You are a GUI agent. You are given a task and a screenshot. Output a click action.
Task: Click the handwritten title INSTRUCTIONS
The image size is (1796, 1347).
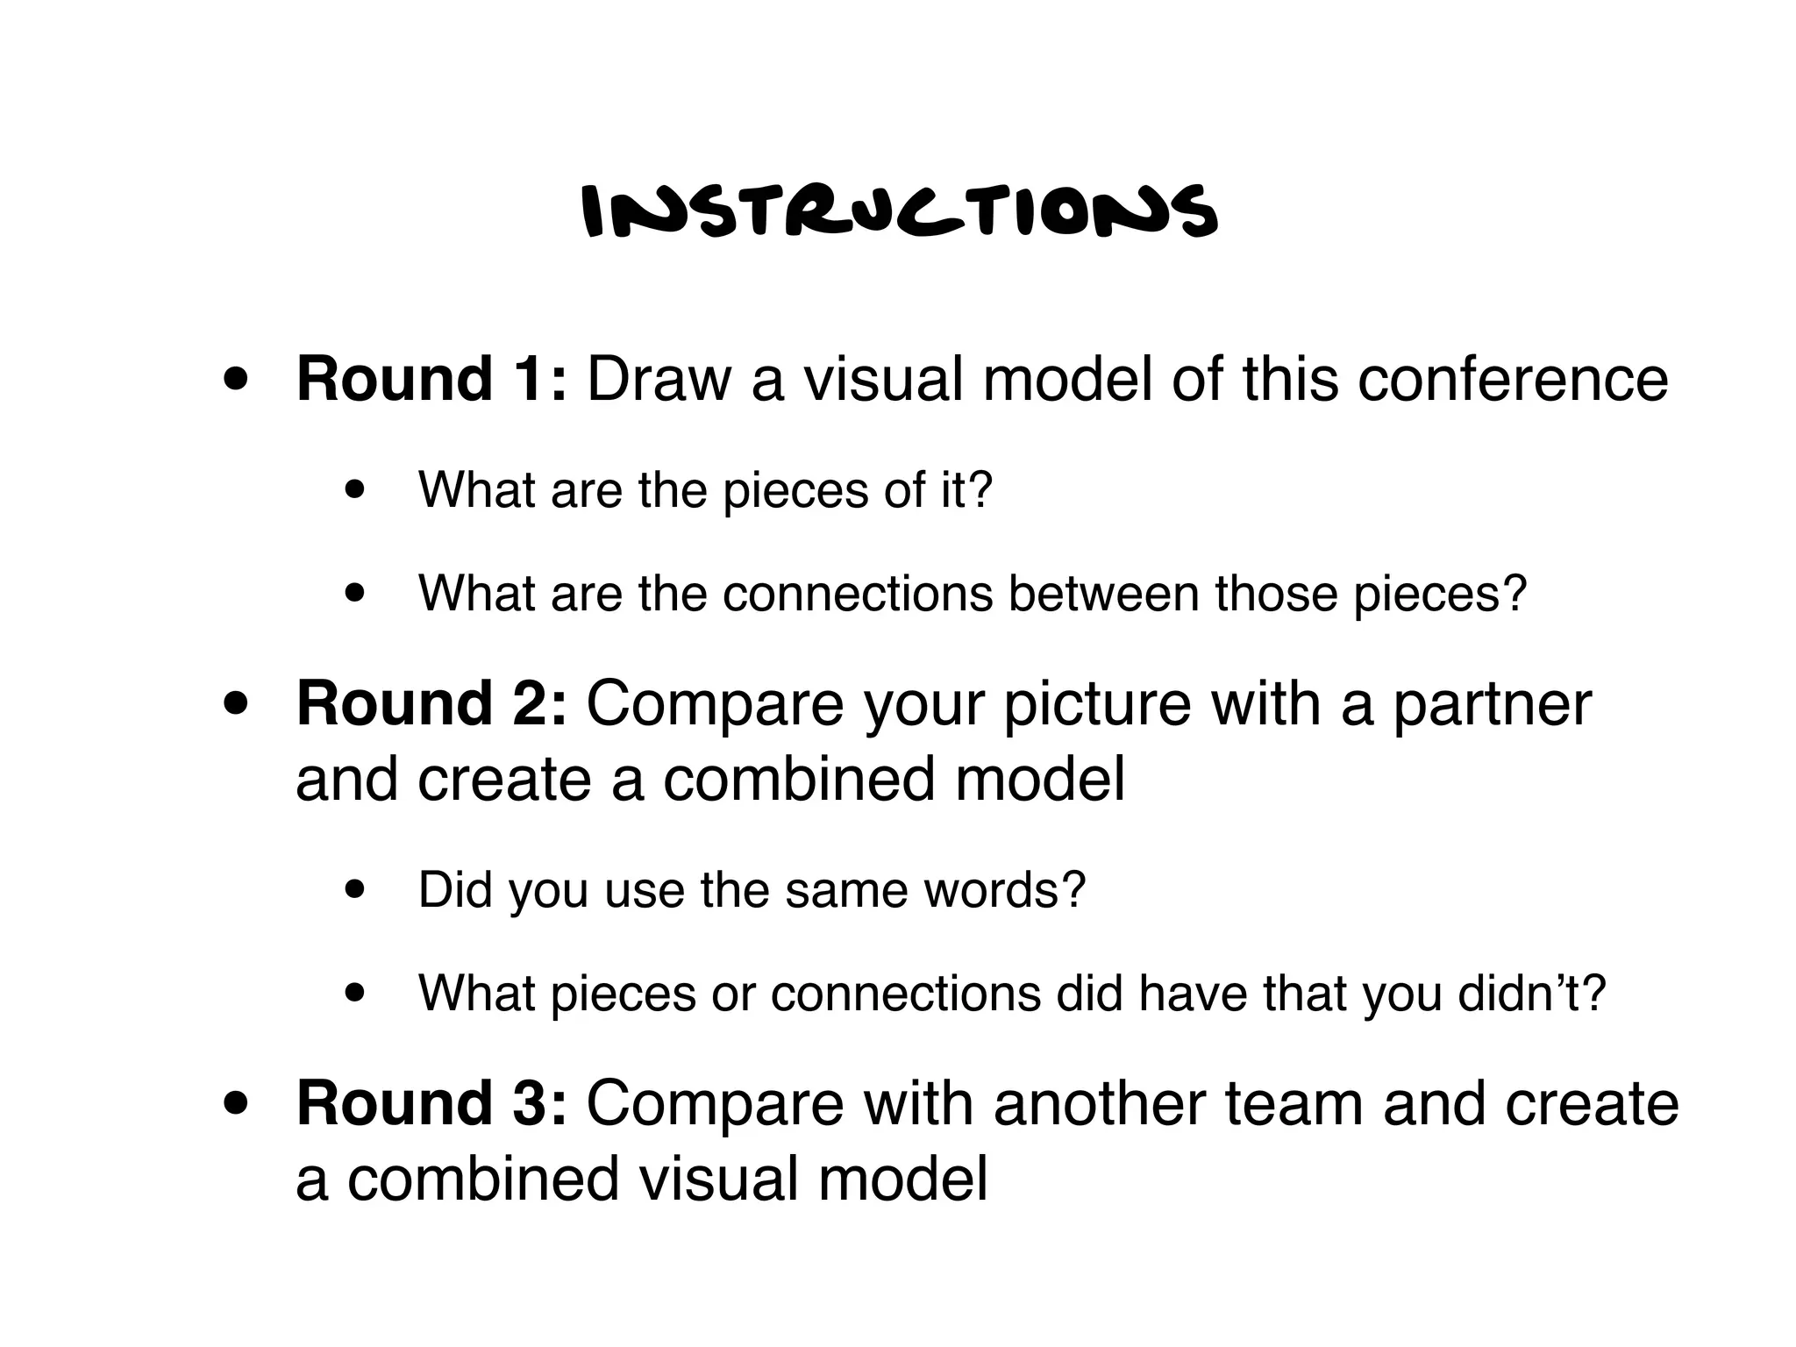click(x=900, y=212)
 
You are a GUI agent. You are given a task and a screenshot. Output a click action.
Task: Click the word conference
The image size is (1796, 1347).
click(x=1513, y=380)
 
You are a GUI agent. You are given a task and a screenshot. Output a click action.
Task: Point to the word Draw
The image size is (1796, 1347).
click(x=659, y=380)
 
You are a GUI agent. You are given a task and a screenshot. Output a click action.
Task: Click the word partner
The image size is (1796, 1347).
click(x=1492, y=705)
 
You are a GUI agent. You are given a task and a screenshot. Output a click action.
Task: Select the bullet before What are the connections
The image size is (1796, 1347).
click(x=356, y=595)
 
